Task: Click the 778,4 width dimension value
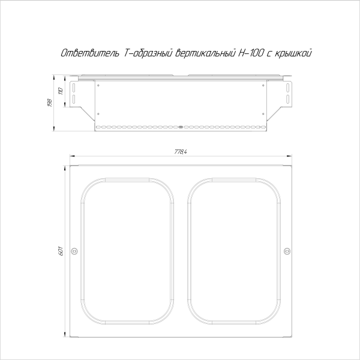pyautogui.click(x=181, y=151)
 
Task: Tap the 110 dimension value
pyautogui.click(x=60, y=91)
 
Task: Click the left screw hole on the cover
pyautogui.click(x=74, y=251)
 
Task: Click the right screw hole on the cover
pyautogui.click(x=286, y=251)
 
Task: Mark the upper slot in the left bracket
pyautogui.click(x=73, y=87)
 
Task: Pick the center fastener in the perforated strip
pyautogui.click(x=181, y=127)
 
